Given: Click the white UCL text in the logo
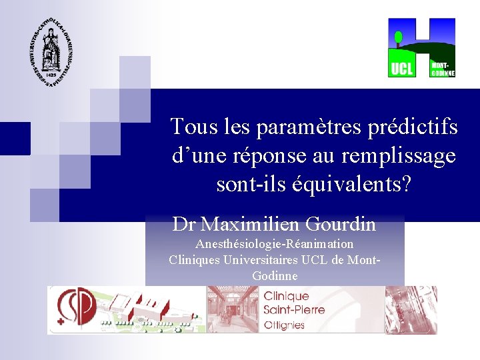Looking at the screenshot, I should pos(401,68).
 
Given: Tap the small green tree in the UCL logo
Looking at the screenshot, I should pos(398,37).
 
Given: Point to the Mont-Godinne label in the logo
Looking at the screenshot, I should pos(443,69).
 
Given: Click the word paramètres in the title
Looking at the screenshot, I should pos(291,126).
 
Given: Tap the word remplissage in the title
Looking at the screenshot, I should pos(399,155).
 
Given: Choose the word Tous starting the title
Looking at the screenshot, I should pos(190,126).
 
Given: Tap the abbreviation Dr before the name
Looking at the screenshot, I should pos(185,224).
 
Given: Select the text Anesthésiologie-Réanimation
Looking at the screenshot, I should pos(275,244).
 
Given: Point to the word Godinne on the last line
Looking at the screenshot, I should pos(275,275).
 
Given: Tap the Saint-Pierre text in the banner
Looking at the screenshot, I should pos(294,310).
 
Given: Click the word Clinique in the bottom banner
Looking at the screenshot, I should pos(287,296).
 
